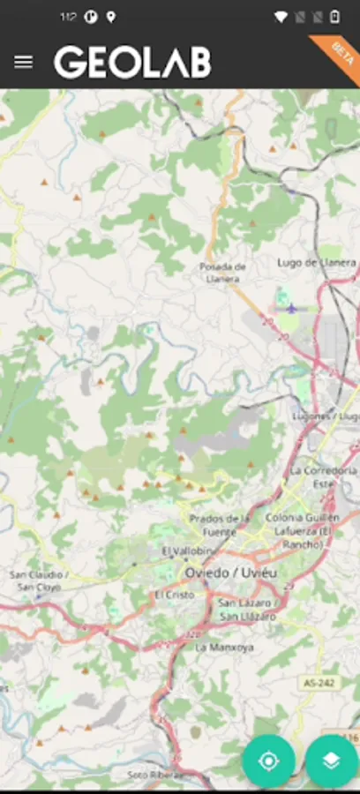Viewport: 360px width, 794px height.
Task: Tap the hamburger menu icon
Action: [24, 62]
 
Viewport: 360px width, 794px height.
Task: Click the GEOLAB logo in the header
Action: [132, 63]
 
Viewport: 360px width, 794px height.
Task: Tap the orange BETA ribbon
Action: [338, 56]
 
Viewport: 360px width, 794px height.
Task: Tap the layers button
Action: [332, 760]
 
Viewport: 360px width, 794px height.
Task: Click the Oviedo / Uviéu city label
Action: [230, 573]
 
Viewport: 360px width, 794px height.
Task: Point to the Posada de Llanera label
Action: [222, 272]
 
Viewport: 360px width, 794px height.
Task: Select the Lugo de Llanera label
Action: [316, 262]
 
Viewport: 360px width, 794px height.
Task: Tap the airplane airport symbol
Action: [292, 308]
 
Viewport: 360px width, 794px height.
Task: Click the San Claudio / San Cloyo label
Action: [39, 580]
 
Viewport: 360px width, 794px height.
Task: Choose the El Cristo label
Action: [174, 595]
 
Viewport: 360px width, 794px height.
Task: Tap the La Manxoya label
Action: [224, 647]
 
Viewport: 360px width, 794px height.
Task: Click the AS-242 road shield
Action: [319, 683]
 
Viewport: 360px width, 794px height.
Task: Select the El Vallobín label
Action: [188, 551]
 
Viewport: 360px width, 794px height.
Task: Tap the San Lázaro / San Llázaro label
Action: [248, 609]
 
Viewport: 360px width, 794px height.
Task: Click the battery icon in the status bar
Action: [334, 17]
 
